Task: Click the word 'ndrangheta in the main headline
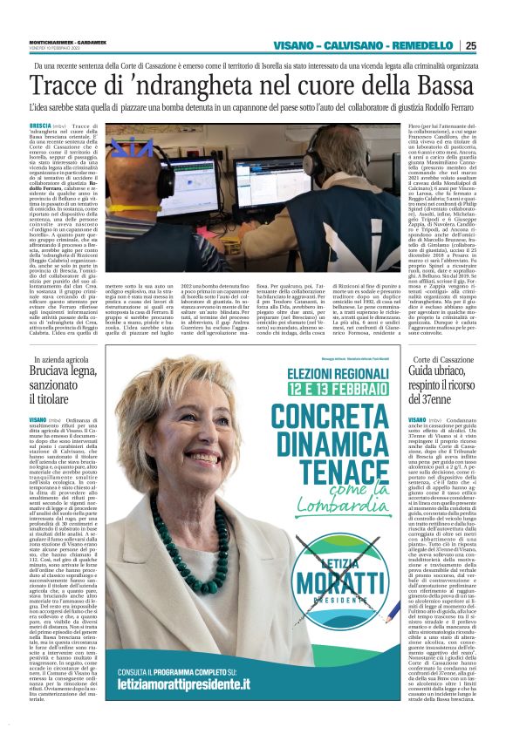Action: [158, 87]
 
